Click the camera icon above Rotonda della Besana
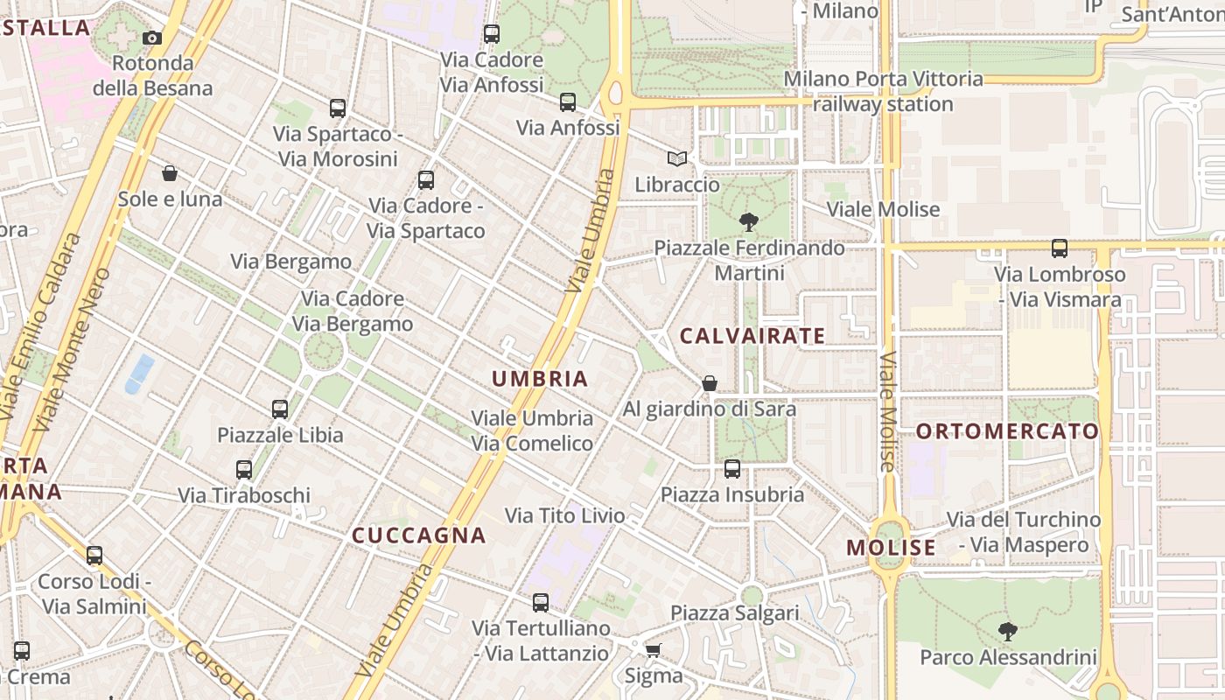click(x=152, y=38)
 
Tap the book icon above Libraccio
click(x=676, y=158)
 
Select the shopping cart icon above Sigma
click(x=653, y=649)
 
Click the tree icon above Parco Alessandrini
click(x=1008, y=630)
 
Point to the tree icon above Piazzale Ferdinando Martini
click(x=748, y=221)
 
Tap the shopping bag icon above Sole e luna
click(x=170, y=173)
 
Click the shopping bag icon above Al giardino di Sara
click(x=710, y=383)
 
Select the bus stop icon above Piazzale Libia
click(x=280, y=409)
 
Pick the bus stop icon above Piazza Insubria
click(x=732, y=469)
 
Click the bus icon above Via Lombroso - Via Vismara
click(x=1060, y=248)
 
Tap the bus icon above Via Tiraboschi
click(x=244, y=470)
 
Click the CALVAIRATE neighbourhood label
click(x=752, y=336)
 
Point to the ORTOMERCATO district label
click(x=1007, y=431)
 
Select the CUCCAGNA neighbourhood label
click(x=418, y=535)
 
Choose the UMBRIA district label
click(x=539, y=379)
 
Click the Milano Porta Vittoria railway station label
click(x=883, y=91)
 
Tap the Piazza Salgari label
click(x=735, y=612)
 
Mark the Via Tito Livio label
click(x=565, y=515)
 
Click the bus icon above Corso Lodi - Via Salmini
click(x=94, y=556)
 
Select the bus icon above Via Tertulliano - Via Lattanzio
click(x=541, y=603)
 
